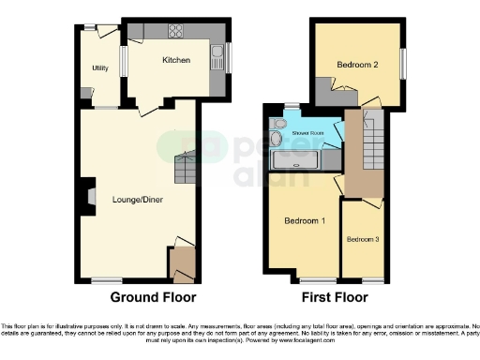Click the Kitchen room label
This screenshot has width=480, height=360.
point(176,61)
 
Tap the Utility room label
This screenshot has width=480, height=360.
point(99,68)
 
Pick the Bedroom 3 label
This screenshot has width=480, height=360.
point(364,240)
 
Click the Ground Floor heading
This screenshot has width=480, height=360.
point(154,298)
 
